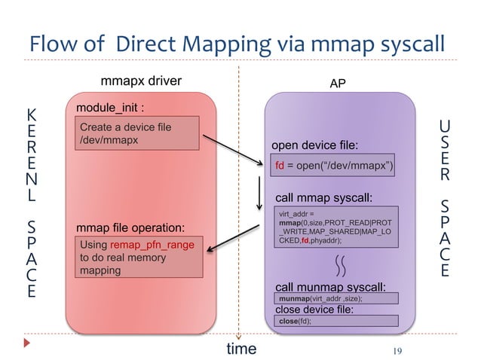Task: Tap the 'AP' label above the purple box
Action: pos(339,84)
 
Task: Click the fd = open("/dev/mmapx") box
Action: pos(334,165)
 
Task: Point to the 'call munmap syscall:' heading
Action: pos(330,287)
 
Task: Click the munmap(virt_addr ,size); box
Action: pos(335,299)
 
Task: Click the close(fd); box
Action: pos(335,321)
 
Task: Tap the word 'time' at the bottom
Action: pos(241,348)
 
